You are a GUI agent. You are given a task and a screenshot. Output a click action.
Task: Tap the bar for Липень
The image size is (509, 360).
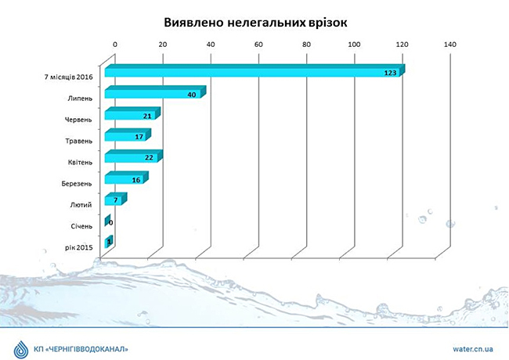pos(153,94)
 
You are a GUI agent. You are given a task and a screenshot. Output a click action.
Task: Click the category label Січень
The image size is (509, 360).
pos(80,226)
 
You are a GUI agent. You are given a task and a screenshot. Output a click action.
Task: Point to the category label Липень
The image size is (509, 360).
pos(78,99)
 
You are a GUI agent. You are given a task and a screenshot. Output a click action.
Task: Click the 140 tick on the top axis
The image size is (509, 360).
pos(450,45)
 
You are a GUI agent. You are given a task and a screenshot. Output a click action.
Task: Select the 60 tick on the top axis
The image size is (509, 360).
pos(259,45)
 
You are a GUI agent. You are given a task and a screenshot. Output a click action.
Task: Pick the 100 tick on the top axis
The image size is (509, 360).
pos(355,45)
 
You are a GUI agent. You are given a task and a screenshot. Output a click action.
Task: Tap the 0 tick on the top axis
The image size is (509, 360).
pos(116,45)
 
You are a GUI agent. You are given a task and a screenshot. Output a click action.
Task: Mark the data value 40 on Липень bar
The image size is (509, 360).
pos(191,94)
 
